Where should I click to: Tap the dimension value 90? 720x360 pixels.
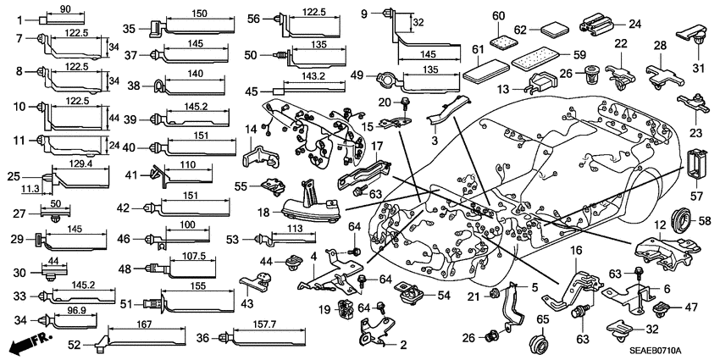65,8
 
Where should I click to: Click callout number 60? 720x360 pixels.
498,14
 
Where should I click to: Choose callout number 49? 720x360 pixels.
357,75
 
